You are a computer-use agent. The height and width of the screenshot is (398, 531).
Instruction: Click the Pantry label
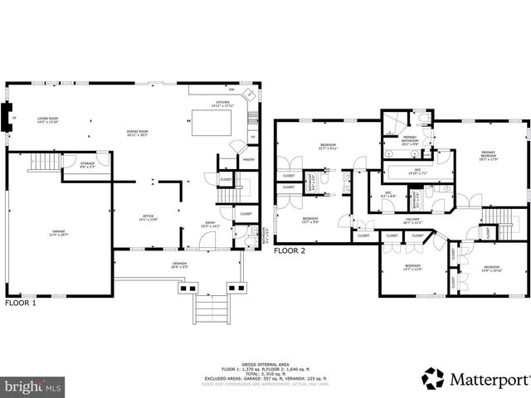[248, 161]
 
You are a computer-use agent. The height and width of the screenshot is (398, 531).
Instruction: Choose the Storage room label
[88, 165]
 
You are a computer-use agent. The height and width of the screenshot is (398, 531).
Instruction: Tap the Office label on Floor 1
[147, 218]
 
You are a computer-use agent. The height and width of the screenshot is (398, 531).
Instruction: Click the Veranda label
[179, 265]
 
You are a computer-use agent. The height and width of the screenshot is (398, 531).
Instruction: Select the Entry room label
[211, 224]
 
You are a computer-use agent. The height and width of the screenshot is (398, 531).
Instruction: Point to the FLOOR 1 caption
[21, 303]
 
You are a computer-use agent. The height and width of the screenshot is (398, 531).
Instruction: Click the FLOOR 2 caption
[290, 250]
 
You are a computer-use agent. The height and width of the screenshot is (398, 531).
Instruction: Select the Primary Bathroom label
[410, 139]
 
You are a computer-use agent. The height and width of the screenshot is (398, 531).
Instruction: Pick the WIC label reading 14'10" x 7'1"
[418, 172]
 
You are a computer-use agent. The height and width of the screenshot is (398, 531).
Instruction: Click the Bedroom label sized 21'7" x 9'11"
[328, 148]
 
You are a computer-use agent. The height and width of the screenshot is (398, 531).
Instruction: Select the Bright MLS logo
[32, 386]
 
